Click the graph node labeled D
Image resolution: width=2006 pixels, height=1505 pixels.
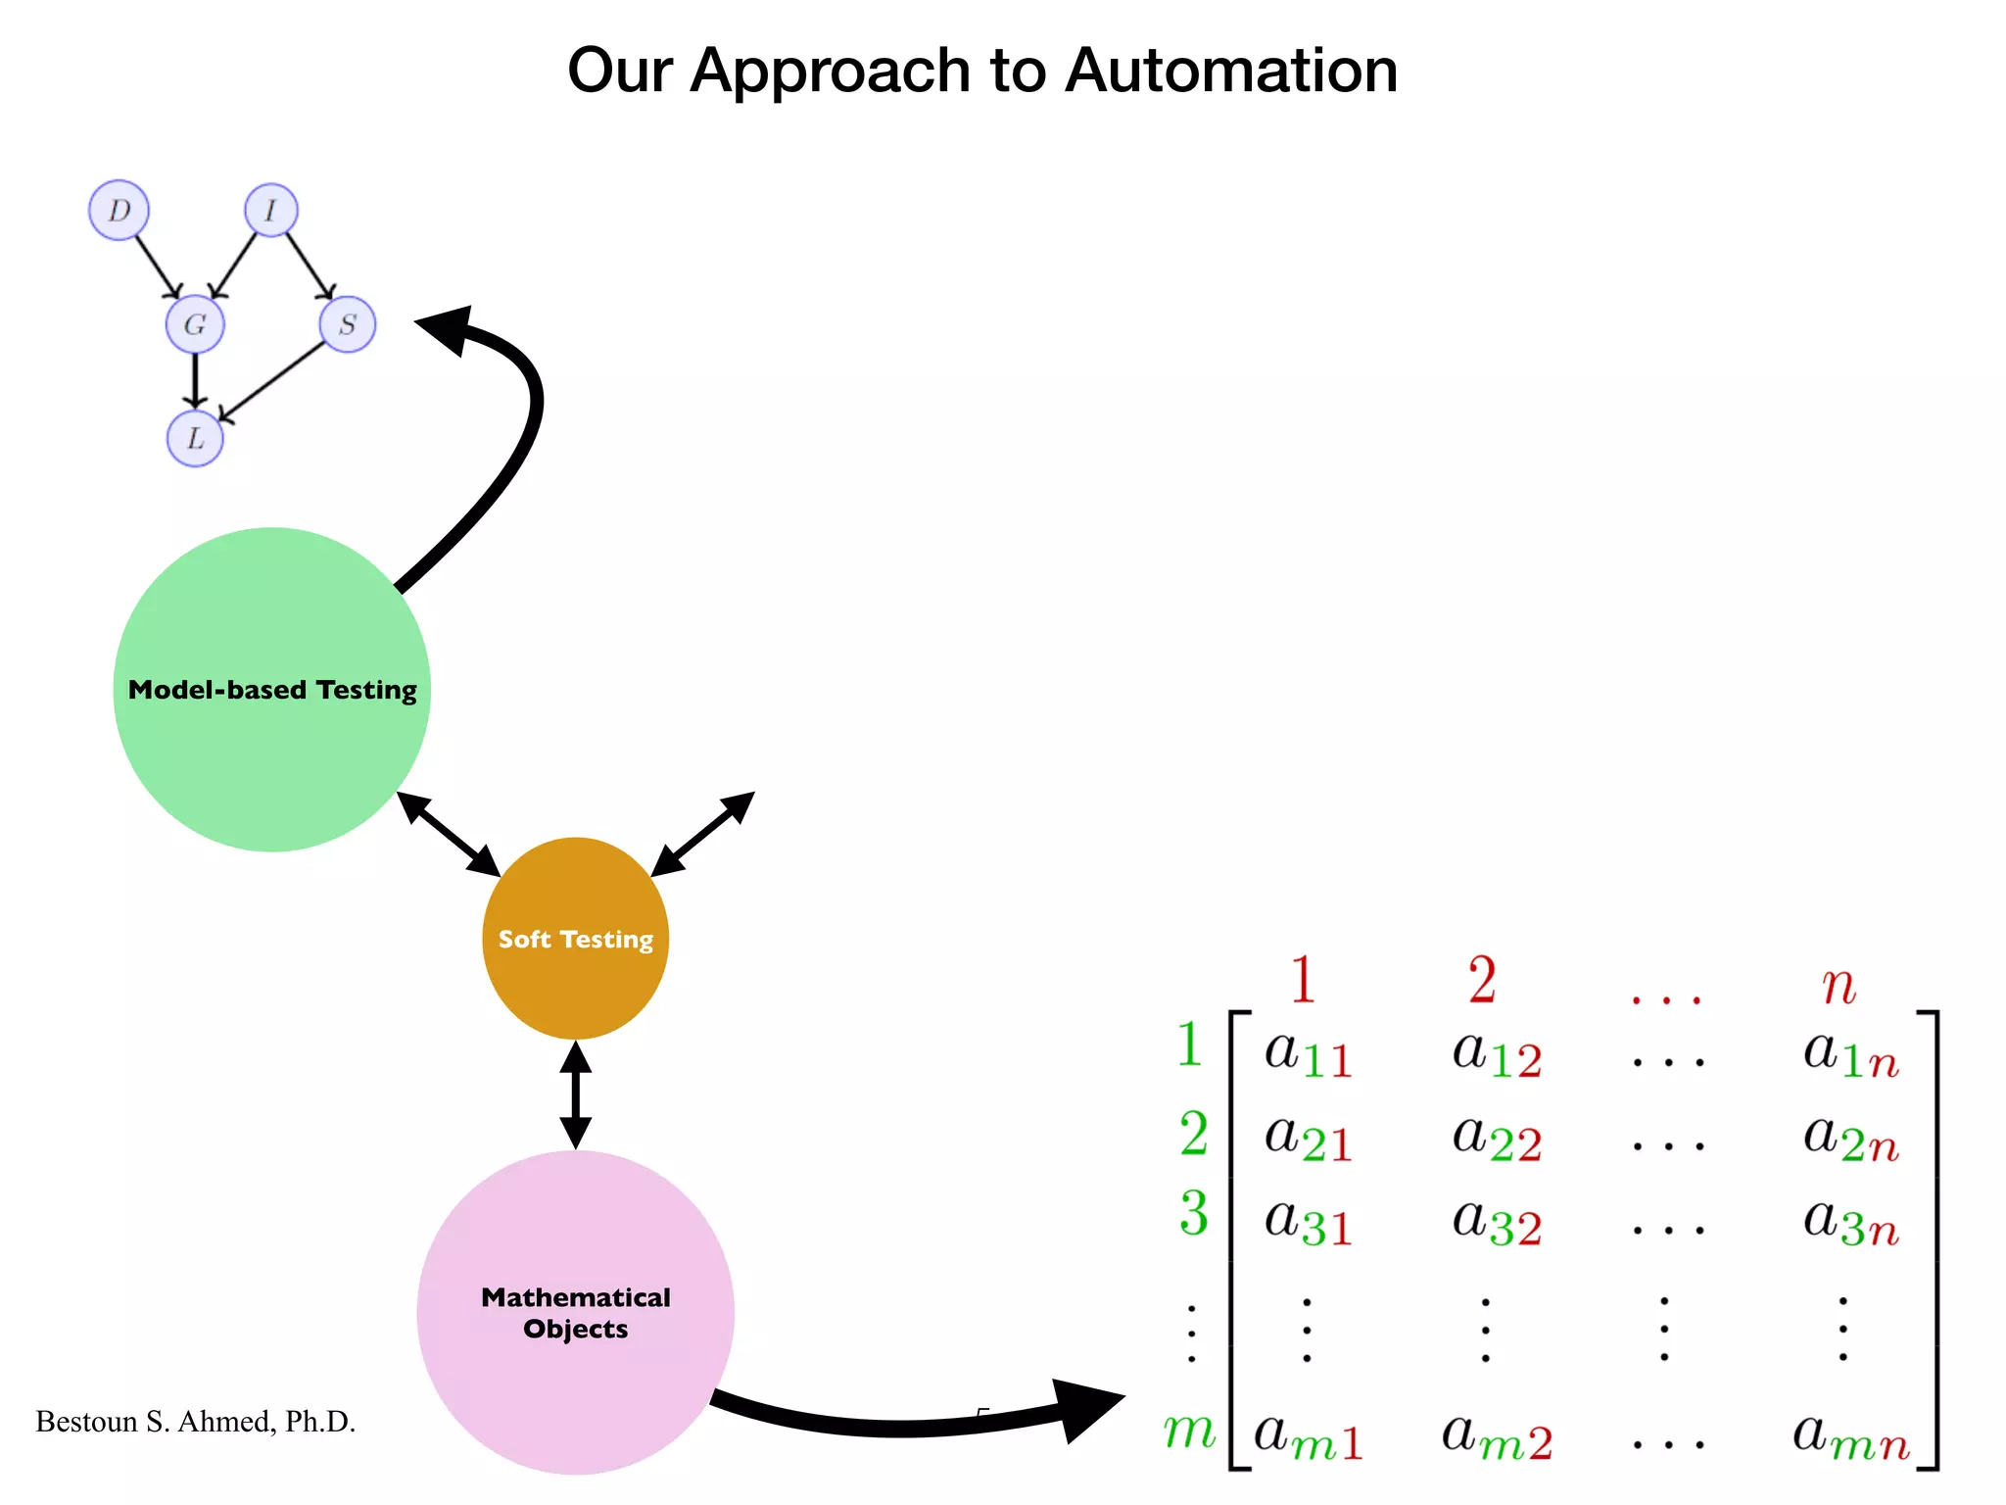[119, 210]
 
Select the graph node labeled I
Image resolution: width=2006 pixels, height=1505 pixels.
[270, 210]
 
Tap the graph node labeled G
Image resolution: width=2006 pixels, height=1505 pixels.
[195, 324]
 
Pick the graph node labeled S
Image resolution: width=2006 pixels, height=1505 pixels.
[347, 324]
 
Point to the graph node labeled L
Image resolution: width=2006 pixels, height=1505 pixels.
[195, 438]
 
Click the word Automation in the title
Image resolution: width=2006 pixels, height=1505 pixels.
[1231, 71]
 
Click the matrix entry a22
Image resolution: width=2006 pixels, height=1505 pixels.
[1497, 1139]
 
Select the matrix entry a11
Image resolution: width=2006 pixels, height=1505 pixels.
[1309, 1054]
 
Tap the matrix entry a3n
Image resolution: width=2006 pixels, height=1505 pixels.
[1851, 1223]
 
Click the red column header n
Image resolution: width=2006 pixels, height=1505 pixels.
[1839, 984]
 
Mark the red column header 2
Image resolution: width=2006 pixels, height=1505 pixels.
[1482, 980]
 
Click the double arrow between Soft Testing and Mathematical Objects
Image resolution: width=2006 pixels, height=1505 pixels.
[576, 1094]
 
